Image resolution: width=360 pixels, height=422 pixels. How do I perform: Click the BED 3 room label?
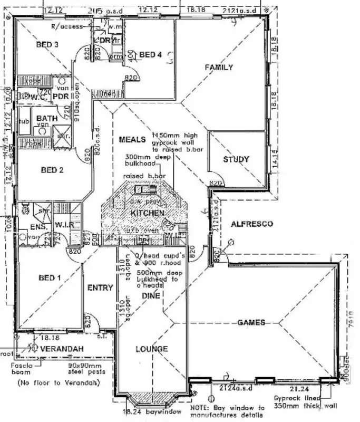(x=47, y=45)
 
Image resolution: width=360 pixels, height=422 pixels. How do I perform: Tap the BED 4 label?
(x=151, y=54)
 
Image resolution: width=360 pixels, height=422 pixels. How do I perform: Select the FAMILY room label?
(x=219, y=67)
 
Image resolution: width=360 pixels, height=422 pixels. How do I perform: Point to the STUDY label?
(x=236, y=159)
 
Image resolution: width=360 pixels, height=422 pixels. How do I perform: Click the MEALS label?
(x=132, y=139)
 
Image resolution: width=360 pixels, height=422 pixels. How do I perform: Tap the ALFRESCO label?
(x=252, y=224)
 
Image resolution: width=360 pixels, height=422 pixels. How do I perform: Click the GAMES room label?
(x=251, y=322)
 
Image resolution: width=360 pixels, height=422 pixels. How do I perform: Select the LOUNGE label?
(x=152, y=349)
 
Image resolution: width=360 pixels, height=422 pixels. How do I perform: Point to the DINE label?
(x=150, y=296)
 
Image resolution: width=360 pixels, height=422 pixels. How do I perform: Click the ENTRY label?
(x=100, y=287)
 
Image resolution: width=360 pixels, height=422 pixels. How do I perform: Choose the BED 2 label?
(x=52, y=170)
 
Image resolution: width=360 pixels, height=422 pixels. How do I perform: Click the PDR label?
(x=62, y=97)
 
